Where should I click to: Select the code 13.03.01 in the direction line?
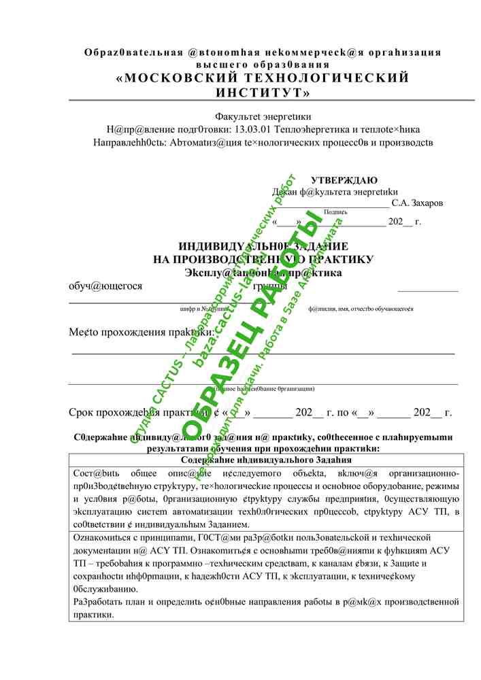[254, 129]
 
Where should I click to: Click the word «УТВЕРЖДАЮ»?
[344, 180]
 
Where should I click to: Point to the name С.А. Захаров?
[417, 203]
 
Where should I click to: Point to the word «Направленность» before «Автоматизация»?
[129, 142]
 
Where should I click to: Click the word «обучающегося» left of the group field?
[105, 286]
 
